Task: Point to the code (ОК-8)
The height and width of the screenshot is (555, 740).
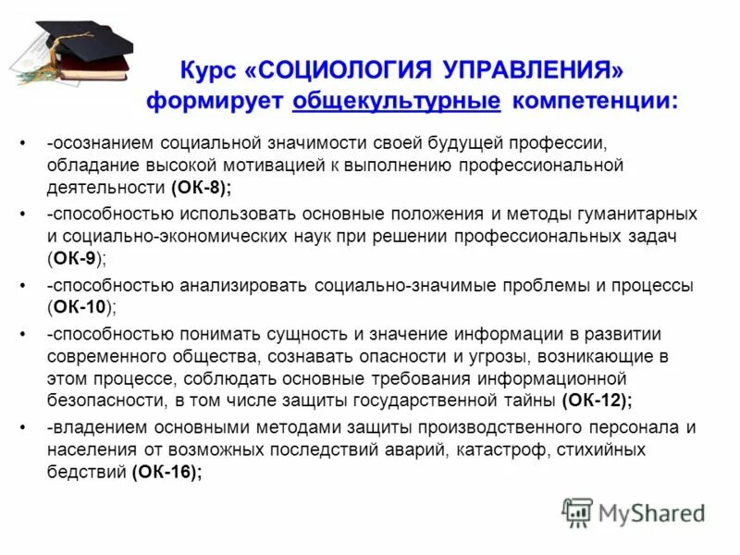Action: click(x=201, y=188)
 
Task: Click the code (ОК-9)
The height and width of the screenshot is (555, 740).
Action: click(x=80, y=259)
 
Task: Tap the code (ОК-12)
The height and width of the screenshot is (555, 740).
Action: click(x=597, y=400)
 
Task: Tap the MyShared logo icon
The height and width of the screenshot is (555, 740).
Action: click(x=577, y=512)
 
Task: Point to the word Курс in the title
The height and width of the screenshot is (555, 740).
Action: click(x=210, y=71)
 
